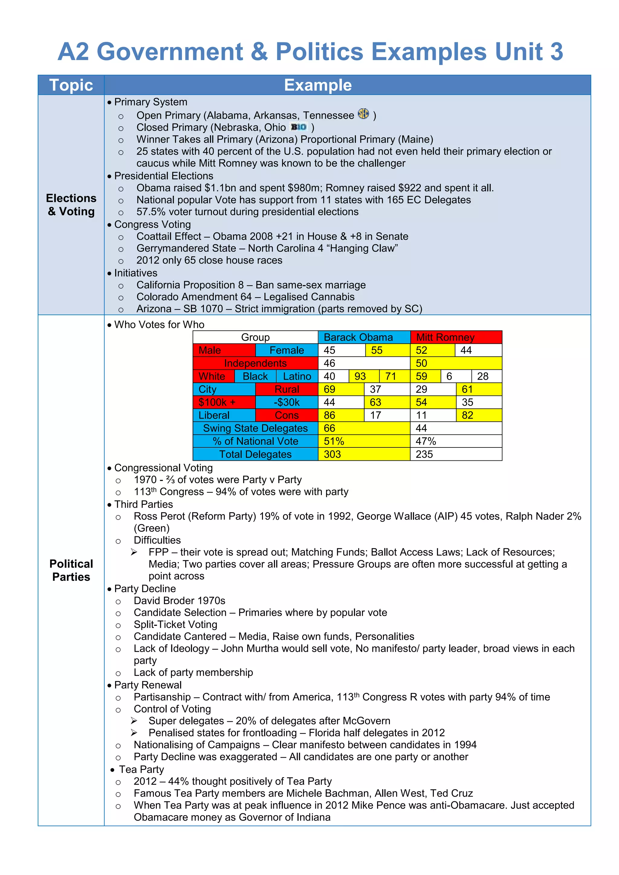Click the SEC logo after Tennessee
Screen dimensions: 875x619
tap(363, 114)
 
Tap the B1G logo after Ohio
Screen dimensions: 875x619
tap(299, 127)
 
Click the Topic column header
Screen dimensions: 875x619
tap(71, 85)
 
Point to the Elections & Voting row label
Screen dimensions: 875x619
tap(71, 205)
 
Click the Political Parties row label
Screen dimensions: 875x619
tap(71, 570)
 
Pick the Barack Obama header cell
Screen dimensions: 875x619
tap(364, 337)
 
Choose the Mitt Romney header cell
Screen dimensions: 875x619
tap(455, 337)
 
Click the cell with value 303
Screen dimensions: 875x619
tap(364, 454)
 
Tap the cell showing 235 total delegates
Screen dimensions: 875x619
tap(455, 454)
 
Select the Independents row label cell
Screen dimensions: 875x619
tap(255, 363)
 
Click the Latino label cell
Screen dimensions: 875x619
tap(297, 376)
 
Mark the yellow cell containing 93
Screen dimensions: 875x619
tap(363, 376)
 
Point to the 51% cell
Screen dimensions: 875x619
tap(364, 441)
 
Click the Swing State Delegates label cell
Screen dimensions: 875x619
tap(255, 428)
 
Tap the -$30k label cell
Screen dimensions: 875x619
tap(287, 402)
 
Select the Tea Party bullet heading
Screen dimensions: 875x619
tap(141, 770)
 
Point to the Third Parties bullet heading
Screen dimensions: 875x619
tap(143, 504)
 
